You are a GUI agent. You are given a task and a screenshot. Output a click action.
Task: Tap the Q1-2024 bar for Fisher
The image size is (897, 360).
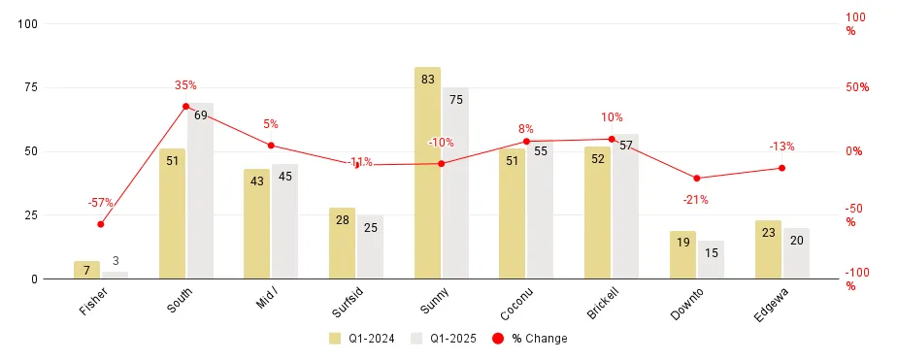point(87,271)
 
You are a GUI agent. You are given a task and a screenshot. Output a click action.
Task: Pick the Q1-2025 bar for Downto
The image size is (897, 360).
point(711,260)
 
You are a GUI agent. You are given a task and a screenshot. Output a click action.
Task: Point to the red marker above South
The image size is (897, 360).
point(185,106)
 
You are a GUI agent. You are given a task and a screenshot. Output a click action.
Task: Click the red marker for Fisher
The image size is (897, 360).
point(101,224)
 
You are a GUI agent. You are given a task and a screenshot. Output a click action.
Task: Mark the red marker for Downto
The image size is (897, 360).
point(696,179)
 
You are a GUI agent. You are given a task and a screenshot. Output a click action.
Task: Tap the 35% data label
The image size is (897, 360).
point(185,85)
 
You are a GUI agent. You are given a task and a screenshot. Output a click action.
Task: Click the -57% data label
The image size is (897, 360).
point(101,203)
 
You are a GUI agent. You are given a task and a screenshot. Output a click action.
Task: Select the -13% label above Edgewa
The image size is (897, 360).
point(781,147)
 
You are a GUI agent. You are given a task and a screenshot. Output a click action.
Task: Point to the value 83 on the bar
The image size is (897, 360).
point(427,80)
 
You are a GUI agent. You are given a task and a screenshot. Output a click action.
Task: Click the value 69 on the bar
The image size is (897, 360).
point(200,115)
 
